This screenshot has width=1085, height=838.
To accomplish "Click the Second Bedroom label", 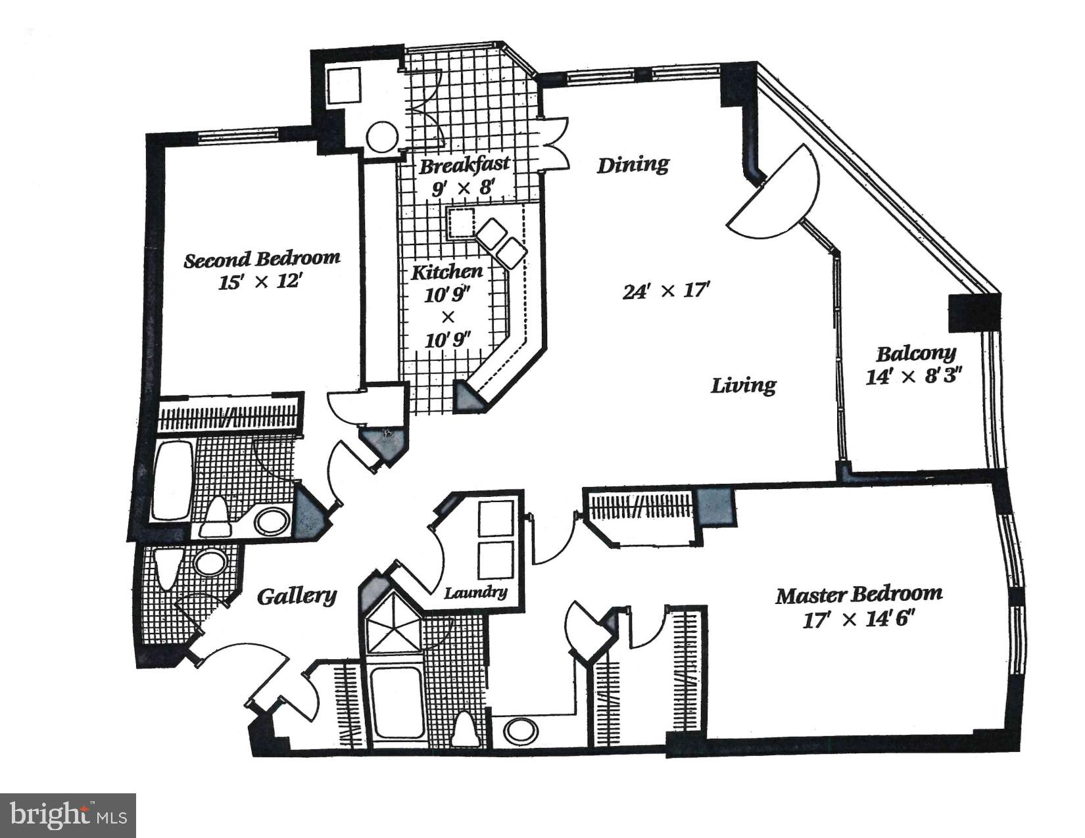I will (x=262, y=258).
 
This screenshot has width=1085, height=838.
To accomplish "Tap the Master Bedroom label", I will (x=858, y=595).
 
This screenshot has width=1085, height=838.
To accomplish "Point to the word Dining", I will (x=633, y=164).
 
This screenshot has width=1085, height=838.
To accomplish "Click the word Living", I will (x=743, y=384).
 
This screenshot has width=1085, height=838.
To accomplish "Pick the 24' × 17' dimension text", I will (x=667, y=290).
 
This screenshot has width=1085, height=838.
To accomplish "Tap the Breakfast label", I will (x=464, y=164).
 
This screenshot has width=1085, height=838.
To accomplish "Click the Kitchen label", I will (x=446, y=271).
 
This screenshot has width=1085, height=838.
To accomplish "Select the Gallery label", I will (x=296, y=595).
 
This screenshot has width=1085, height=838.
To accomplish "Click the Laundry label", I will (x=475, y=593).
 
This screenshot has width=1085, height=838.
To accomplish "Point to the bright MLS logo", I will (x=68, y=816).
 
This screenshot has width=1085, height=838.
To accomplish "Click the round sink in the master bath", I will (x=521, y=730).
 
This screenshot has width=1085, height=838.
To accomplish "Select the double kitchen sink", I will (x=502, y=241).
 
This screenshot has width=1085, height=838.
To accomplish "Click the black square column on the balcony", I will (x=973, y=313).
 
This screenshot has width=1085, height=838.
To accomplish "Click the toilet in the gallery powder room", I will (x=166, y=567).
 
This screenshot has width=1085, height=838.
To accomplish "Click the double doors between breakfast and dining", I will (x=551, y=144).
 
